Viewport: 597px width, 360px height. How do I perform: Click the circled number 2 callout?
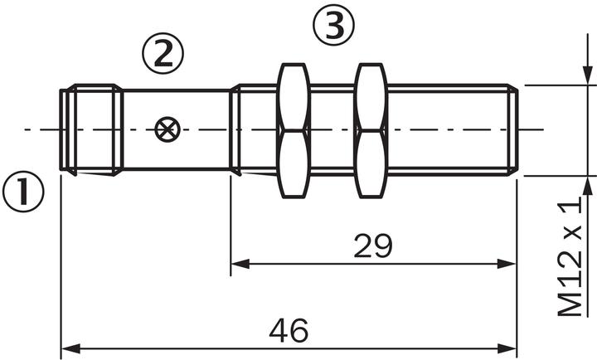[162, 54]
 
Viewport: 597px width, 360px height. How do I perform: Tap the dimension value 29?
[372, 246]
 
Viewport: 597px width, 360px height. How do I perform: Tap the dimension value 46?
[289, 330]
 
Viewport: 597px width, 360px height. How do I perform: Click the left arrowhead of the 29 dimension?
[239, 265]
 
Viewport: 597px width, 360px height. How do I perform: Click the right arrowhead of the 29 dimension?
[508, 265]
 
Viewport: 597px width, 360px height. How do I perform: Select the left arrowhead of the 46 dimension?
[70, 348]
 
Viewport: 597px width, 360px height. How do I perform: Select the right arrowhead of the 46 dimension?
[508, 348]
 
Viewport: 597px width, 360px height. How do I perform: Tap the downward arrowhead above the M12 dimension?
[587, 77]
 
